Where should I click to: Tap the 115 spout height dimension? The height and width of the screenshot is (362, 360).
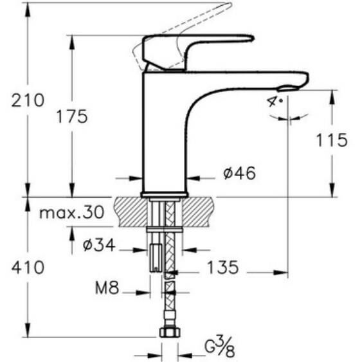(332, 140)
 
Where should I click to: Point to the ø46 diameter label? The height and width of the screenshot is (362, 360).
(239, 173)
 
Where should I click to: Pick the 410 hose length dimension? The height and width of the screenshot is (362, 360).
(26, 267)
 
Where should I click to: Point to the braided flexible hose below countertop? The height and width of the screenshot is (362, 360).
(168, 302)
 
